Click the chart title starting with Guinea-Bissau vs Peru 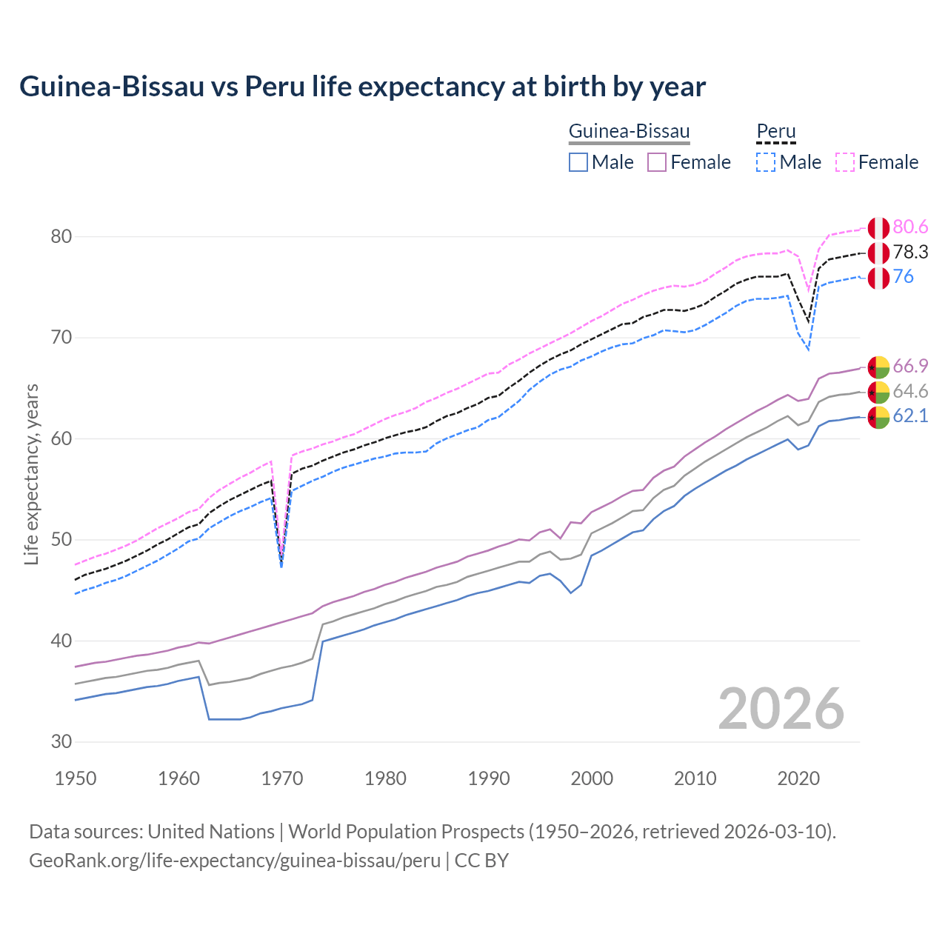[x=362, y=87]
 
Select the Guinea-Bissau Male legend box [x=578, y=162]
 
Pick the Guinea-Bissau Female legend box [x=657, y=162]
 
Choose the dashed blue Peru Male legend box [x=766, y=162]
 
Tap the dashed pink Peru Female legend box [x=845, y=162]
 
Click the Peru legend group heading [x=775, y=132]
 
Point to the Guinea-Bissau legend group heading [x=629, y=132]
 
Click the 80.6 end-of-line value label [x=910, y=227]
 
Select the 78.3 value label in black [x=910, y=253]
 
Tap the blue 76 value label [x=903, y=277]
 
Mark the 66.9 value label [x=910, y=366]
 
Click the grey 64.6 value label [x=910, y=391]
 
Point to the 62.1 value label [x=910, y=416]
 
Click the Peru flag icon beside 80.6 [x=878, y=228]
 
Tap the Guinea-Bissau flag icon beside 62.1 [x=878, y=417]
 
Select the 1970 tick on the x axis [x=282, y=778]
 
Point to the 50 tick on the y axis [x=61, y=540]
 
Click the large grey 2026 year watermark [x=781, y=709]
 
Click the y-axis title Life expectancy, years [x=32, y=474]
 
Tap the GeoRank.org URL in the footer [x=235, y=861]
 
